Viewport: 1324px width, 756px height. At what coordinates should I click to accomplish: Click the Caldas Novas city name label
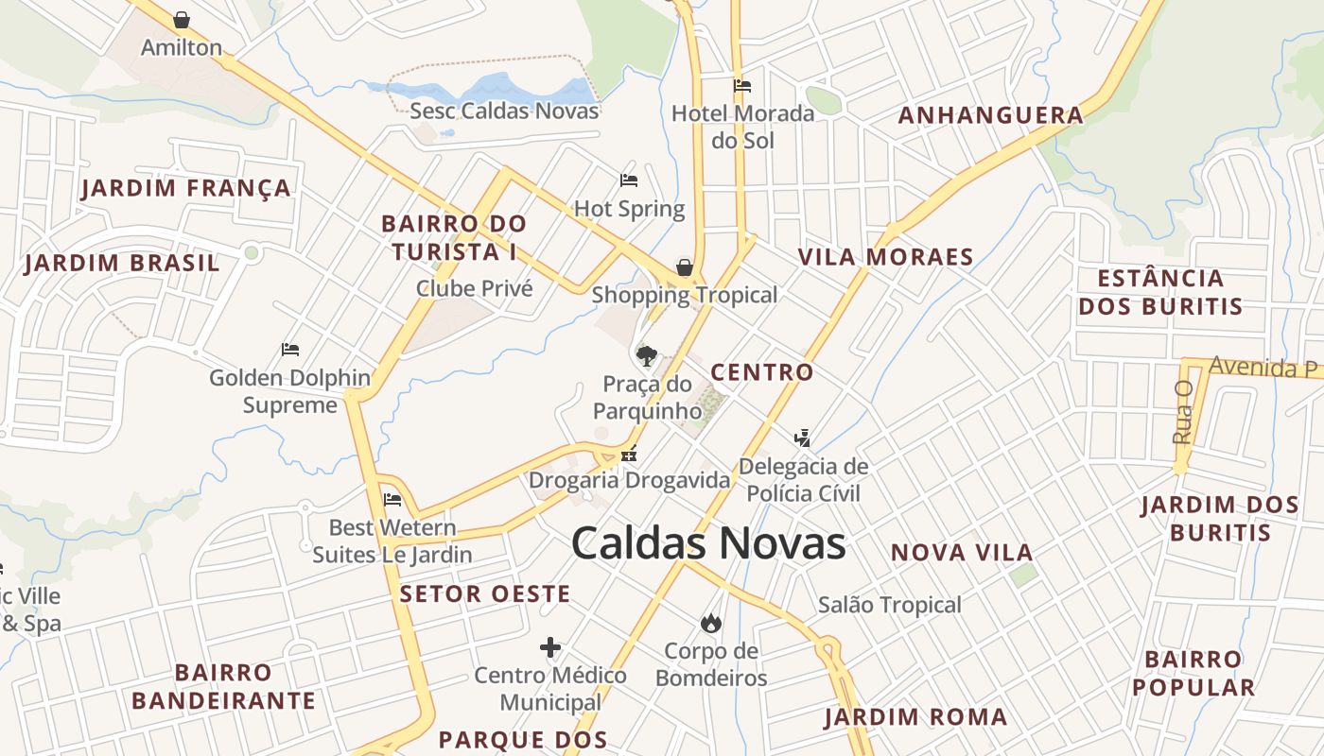(708, 543)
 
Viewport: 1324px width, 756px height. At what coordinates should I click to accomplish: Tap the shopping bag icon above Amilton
(182, 20)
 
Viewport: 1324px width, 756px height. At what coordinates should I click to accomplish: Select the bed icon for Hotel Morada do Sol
(742, 86)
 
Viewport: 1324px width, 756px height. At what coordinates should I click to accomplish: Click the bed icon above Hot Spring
(629, 180)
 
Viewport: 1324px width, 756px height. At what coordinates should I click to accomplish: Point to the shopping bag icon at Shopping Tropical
(685, 267)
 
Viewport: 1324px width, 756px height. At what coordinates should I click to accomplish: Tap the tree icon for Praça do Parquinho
(647, 356)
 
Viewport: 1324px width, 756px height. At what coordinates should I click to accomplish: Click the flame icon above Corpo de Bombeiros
(710, 623)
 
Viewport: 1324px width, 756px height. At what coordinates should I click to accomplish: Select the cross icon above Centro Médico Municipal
(550, 647)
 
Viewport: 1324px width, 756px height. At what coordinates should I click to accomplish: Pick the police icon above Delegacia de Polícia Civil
(803, 438)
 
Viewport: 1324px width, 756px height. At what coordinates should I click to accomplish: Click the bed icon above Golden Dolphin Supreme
(290, 350)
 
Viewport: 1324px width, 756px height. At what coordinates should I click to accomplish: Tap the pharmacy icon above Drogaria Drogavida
(629, 455)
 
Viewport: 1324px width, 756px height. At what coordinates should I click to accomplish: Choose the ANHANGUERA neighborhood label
(990, 115)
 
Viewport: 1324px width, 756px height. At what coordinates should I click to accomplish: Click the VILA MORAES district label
(885, 257)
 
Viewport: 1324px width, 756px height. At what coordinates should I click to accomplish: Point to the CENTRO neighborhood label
(761, 372)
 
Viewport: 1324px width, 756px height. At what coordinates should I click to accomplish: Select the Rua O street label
(1182, 412)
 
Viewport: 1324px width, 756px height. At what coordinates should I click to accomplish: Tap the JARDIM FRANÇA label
(186, 188)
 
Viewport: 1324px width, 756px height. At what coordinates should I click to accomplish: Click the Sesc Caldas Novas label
(504, 111)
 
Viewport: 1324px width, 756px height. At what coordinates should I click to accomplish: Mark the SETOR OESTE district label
(484, 594)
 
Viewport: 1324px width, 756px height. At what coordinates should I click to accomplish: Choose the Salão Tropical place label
(889, 605)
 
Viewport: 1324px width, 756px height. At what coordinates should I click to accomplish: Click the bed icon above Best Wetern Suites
(392, 500)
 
